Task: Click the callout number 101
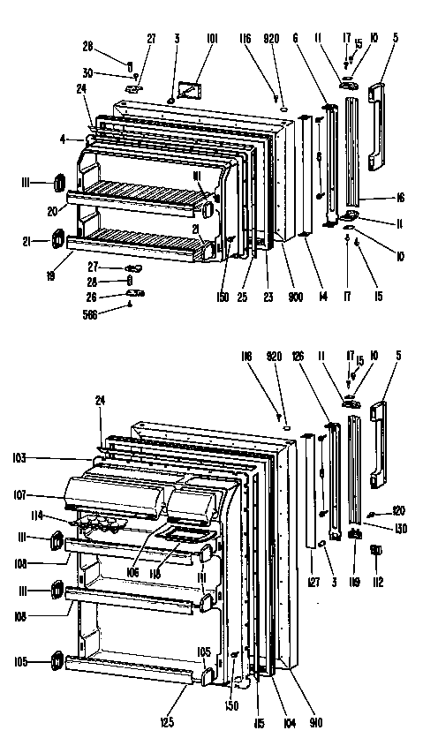pos(212,39)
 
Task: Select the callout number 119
pos(357,582)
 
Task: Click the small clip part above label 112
pos(376,553)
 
